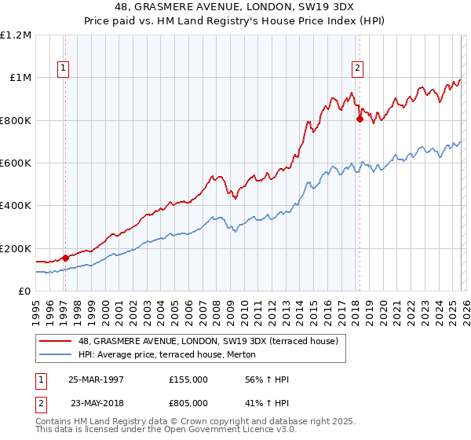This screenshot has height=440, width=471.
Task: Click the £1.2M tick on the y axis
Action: [16, 35]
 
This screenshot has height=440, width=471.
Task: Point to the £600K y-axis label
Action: [16, 163]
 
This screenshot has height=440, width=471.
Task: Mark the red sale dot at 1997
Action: [66, 258]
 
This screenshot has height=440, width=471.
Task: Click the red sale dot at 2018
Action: [360, 119]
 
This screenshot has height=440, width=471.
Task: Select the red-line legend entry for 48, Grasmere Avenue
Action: [208, 341]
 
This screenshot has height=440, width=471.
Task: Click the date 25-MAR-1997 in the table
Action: [97, 379]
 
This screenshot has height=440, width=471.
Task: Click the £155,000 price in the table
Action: [188, 379]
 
